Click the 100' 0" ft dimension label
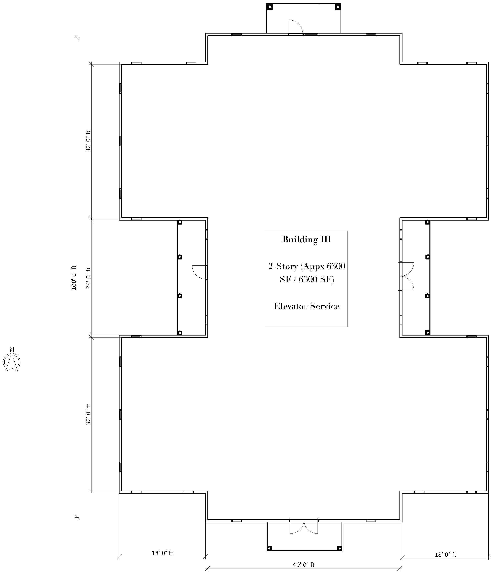click(x=74, y=277)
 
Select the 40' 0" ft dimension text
click(x=304, y=564)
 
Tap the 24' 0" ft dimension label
click(x=88, y=278)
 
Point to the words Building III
click(x=307, y=239)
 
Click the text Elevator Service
click(x=307, y=306)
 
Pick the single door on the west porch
click(x=200, y=272)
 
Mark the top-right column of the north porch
click(x=338, y=7)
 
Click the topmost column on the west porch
click(x=180, y=222)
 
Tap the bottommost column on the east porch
click(x=428, y=333)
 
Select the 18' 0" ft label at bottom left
click(x=162, y=553)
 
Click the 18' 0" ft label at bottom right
click(x=445, y=554)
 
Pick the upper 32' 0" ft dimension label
click(x=88, y=141)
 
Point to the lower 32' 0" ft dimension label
click(x=88, y=414)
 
